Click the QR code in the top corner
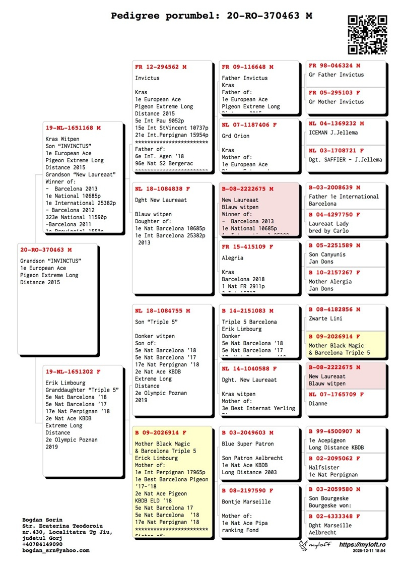(368, 34)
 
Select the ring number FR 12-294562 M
(161, 67)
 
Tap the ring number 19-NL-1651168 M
(73, 128)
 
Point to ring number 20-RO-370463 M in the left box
(46, 249)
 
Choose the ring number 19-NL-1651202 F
(73, 371)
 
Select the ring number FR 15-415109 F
(247, 247)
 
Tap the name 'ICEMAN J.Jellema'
(333, 133)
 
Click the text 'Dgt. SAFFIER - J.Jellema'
(345, 160)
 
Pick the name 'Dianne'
(318, 403)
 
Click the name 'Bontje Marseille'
(246, 501)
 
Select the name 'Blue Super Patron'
(248, 444)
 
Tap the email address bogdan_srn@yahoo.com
(56, 550)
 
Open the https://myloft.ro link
(362, 545)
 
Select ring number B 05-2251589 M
(334, 245)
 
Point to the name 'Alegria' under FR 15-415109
(233, 258)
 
